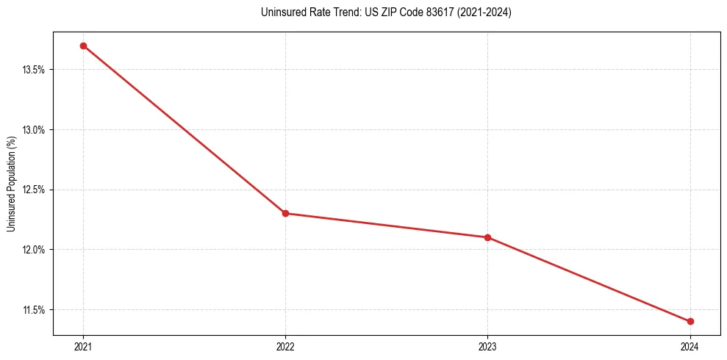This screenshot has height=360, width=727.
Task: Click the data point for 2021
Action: [83, 46]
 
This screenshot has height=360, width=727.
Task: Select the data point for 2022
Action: [285, 214]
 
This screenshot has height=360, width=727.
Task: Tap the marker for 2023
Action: [487, 237]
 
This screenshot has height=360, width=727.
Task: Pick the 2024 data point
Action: [690, 321]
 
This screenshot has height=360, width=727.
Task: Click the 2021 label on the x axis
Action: [83, 347]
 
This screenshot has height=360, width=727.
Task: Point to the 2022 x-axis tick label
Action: [285, 347]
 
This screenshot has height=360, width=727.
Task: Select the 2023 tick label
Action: [487, 347]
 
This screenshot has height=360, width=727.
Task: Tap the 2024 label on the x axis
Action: [690, 347]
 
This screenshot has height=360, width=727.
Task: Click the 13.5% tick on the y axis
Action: [35, 70]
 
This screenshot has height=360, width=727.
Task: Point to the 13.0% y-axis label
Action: [35, 130]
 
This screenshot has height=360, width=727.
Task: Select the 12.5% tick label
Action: [35, 190]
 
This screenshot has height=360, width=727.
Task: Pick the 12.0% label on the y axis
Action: [35, 250]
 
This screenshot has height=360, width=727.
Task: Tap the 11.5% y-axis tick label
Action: [35, 310]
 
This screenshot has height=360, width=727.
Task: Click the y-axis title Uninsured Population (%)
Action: [11, 184]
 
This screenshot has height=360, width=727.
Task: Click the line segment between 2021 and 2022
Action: [184, 129]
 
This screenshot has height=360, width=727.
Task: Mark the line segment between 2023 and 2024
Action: [589, 279]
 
